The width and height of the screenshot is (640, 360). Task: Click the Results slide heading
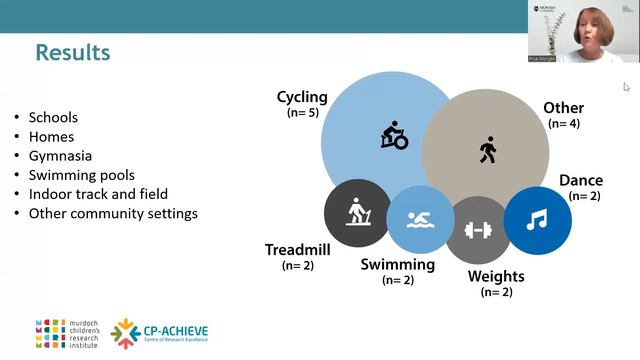pos(72,52)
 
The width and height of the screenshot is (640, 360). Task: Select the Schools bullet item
pos(53,118)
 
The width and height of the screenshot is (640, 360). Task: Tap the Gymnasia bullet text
pos(61,156)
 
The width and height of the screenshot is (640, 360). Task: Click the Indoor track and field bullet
pos(98,194)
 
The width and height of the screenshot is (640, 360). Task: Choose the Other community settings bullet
pos(113,213)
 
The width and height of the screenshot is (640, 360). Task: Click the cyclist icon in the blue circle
pos(394,136)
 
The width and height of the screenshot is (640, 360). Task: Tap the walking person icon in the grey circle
pos(487,151)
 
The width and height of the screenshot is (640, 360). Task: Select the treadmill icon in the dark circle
pos(357,212)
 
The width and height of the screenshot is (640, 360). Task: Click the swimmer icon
pos(420,219)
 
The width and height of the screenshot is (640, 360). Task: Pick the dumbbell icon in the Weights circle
pos(479,229)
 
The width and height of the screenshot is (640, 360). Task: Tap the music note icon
pos(537,218)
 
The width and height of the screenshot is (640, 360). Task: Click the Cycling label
pos(302,98)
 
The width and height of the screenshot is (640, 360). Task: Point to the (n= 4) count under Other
pos(564,123)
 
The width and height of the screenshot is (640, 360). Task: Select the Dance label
pos(580,181)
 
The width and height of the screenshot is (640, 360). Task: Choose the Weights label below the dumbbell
pos(496,275)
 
